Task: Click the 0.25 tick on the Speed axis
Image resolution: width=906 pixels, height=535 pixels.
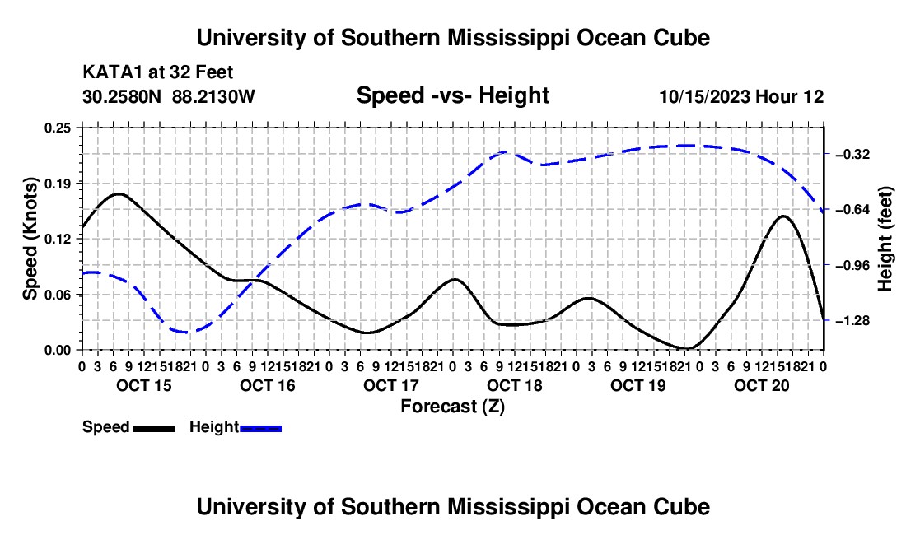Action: pos(57,128)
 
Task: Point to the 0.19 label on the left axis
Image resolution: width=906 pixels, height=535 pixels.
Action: pos(57,184)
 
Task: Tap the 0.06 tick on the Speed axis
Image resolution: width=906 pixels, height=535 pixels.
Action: pos(57,295)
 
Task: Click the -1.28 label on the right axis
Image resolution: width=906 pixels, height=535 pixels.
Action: pos(851,321)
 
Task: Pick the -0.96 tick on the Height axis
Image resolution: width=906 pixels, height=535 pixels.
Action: pos(851,266)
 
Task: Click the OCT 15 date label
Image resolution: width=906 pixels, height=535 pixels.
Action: pos(144,385)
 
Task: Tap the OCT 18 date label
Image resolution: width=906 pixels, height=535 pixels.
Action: pos(515,385)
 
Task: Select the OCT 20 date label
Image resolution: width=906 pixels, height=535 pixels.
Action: pos(762,385)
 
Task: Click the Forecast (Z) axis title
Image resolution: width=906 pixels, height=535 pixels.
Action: pos(453,407)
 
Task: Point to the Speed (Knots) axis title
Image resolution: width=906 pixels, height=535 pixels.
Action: pos(30,239)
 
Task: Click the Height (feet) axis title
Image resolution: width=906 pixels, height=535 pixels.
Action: pos(885,239)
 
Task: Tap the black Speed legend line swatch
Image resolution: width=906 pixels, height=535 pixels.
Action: pos(154,428)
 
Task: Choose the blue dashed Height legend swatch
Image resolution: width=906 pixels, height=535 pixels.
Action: pos(260,428)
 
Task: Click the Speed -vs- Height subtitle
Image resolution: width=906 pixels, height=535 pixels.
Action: pos(453,95)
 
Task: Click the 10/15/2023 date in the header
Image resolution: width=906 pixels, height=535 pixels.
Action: pos(705,96)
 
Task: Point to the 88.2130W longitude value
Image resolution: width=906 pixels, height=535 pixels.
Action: pos(213,96)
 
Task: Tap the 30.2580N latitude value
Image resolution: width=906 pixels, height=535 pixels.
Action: pos(122,96)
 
